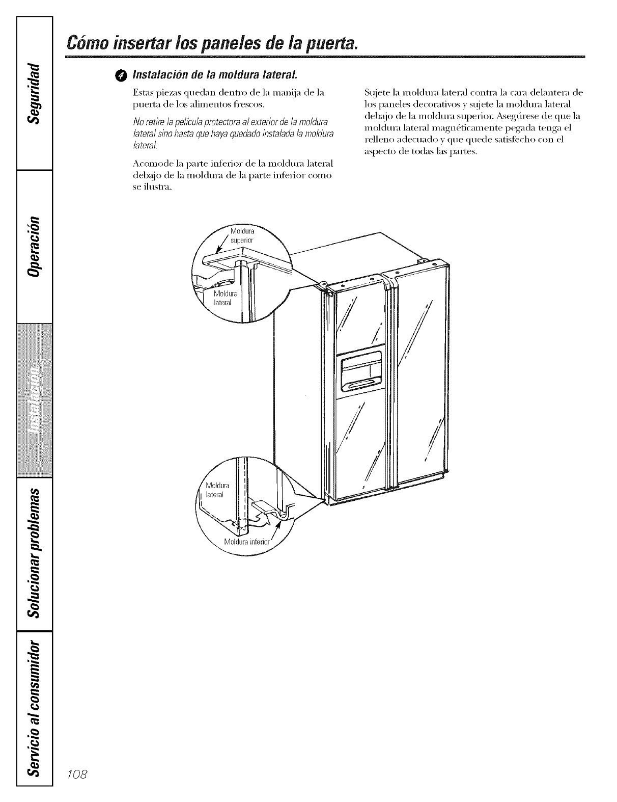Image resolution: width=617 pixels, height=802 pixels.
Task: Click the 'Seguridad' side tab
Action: coord(34,92)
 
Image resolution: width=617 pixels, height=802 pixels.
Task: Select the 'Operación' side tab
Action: coord(34,246)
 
